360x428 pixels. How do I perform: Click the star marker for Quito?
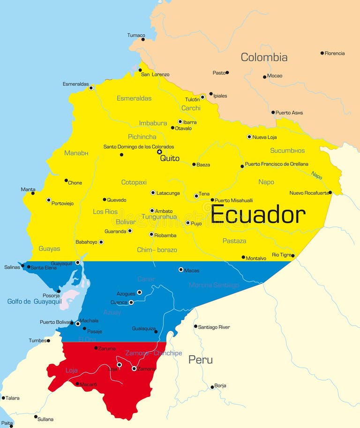159,152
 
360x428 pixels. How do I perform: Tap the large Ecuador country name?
258,214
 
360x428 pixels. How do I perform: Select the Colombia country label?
264,57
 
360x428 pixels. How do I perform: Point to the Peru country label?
200,360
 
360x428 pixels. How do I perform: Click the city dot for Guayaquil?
78,262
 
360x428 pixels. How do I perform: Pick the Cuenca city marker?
131,302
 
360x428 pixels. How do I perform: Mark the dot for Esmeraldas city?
91,88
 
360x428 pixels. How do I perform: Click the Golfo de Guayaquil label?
34,301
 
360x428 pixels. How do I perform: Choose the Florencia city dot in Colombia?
322,53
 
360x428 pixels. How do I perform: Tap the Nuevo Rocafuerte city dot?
330,192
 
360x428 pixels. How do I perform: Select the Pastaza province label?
234,241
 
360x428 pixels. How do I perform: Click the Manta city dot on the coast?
33,193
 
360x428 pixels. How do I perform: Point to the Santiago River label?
214,327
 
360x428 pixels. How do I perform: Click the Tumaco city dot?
143,39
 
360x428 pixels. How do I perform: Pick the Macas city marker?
181,269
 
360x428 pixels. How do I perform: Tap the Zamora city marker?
134,368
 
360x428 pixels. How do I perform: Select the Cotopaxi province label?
134,182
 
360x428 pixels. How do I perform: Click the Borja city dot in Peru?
212,387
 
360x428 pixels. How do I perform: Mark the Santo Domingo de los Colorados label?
138,147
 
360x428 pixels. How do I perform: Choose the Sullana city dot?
36,416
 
